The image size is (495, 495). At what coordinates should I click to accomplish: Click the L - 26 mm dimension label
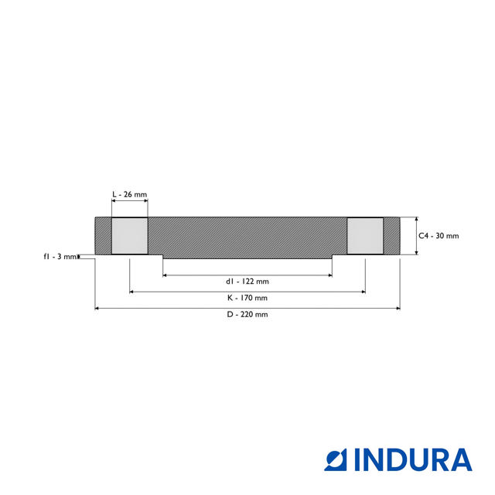tap(130, 194)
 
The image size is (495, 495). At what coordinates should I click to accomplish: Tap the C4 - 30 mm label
tap(439, 236)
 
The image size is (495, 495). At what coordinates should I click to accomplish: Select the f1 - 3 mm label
tap(60, 257)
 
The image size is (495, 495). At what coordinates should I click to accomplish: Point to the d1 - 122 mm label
tap(247, 282)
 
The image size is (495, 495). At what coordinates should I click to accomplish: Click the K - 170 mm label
tap(247, 298)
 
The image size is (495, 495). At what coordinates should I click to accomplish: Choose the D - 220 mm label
tap(247, 315)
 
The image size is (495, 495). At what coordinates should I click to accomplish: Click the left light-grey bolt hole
tap(130, 235)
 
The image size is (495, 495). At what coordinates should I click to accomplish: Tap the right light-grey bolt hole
tap(365, 235)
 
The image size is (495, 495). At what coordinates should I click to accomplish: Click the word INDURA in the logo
tap(413, 459)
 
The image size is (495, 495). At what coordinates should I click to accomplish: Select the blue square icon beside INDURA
tap(336, 459)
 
